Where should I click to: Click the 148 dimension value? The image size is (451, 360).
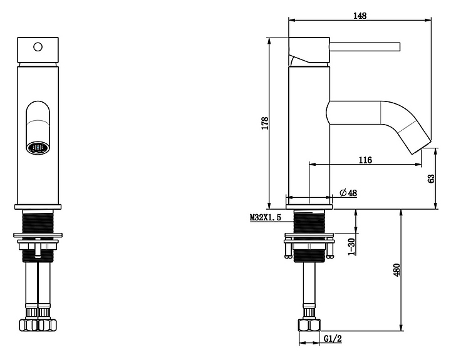coord(360,16)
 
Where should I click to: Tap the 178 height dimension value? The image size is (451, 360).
coord(265,123)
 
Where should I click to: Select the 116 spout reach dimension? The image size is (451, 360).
coord(365,160)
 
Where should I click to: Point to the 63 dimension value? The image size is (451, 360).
coord(431,178)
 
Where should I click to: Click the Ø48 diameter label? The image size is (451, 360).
coord(348,193)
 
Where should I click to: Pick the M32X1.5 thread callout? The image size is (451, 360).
coord(265,217)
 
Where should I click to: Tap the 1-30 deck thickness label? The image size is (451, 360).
coord(351,247)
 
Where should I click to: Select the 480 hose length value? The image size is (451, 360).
coord(397,270)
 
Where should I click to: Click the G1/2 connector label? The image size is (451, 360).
coord(333,339)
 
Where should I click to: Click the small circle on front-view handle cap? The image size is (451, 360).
coord(38,46)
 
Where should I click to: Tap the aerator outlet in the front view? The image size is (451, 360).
coord(38,148)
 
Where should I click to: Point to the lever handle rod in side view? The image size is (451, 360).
coord(365,47)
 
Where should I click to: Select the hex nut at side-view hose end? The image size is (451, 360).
coord(309,325)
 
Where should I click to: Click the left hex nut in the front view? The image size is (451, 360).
coord(28,325)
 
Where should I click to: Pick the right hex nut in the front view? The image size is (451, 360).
coord(47,325)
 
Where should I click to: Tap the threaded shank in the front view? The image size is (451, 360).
coord(38,221)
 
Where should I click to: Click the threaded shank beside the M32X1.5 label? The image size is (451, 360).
coord(309,221)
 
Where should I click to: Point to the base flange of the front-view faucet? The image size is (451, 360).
coord(38,207)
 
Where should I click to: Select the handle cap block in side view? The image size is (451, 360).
coord(309,49)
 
